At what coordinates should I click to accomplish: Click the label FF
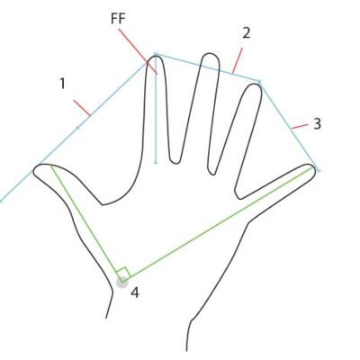tap(118, 19)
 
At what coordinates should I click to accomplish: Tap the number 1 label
tap(62, 84)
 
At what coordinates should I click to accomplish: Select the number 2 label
tap(246, 33)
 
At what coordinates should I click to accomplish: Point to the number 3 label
tap(317, 123)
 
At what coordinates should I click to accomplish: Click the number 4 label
tap(135, 292)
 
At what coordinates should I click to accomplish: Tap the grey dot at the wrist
tap(122, 283)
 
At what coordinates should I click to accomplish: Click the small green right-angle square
tap(123, 273)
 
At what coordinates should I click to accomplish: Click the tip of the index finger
tap(156, 56)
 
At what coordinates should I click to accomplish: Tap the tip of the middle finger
tap(210, 54)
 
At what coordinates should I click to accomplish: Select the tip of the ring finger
tap(256, 85)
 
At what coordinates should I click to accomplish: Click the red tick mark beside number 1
tap(82, 108)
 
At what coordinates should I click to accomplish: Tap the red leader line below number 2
tap(237, 60)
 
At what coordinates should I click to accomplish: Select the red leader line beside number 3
tap(300, 126)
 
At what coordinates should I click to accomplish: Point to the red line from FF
tap(138, 51)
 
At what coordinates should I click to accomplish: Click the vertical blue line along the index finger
tap(156, 108)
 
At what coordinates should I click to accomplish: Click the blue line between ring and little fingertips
tap(289, 126)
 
